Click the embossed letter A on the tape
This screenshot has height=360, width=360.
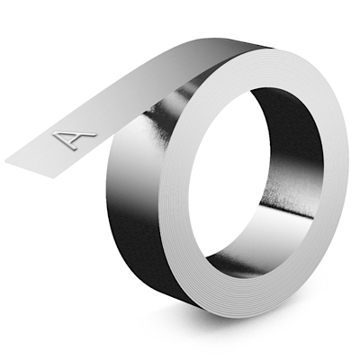[x=73, y=139]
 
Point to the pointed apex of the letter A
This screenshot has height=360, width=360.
[x=54, y=134]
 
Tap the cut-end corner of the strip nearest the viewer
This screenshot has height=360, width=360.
[x=53, y=178]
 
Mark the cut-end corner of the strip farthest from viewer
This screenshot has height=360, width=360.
[x=6, y=161]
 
